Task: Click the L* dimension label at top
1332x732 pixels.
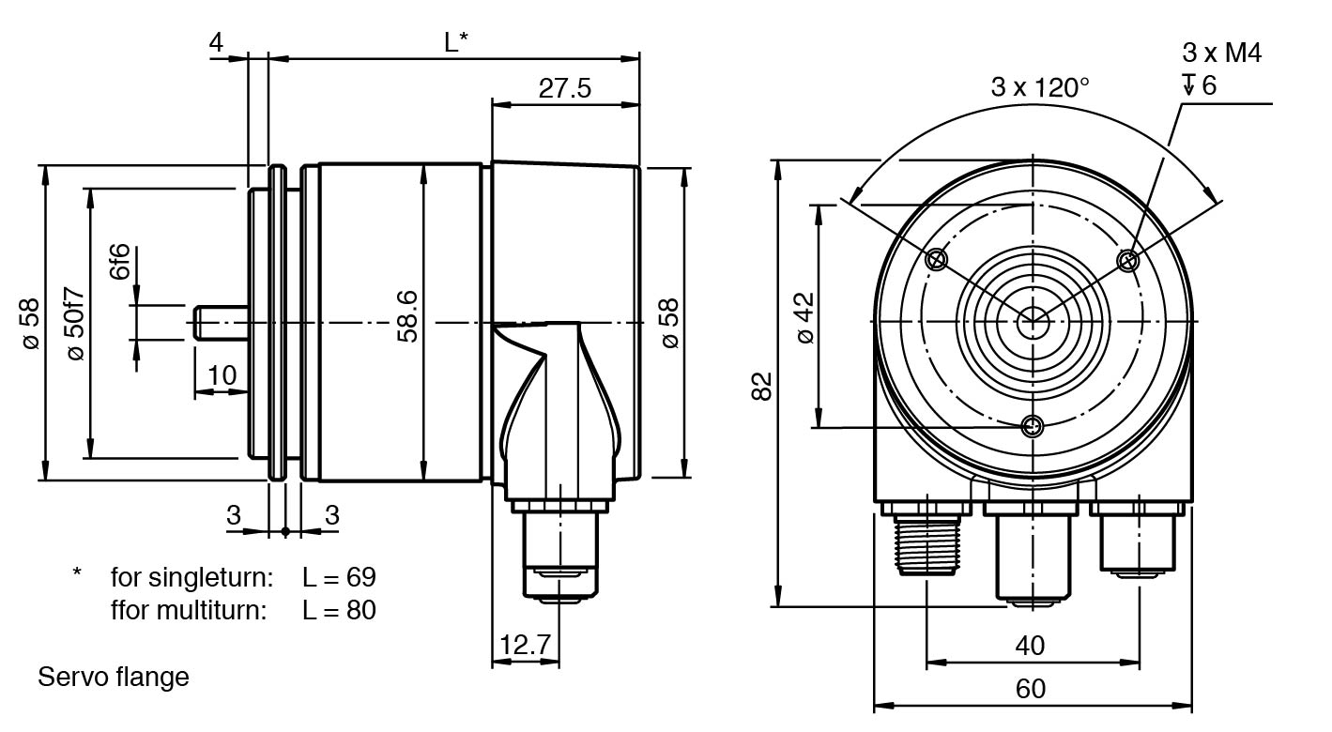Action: click(456, 42)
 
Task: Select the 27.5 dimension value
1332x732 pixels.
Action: click(564, 88)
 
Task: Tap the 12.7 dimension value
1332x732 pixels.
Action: click(526, 646)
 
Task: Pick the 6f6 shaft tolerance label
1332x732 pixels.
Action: click(119, 262)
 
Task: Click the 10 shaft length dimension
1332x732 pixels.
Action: click(222, 375)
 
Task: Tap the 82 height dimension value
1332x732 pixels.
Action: click(762, 385)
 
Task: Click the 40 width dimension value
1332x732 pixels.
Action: click(1030, 646)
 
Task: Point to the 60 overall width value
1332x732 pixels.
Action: click(1030, 689)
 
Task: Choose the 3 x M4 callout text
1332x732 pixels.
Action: click(1221, 53)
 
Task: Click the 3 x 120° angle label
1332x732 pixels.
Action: click(1040, 87)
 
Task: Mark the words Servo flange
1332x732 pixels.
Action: click(114, 677)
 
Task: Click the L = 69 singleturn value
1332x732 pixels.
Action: click(339, 576)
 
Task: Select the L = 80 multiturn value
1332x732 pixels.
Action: click(339, 610)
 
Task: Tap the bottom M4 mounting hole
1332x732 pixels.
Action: click(1033, 427)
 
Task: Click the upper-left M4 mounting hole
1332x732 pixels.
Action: click(936, 260)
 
